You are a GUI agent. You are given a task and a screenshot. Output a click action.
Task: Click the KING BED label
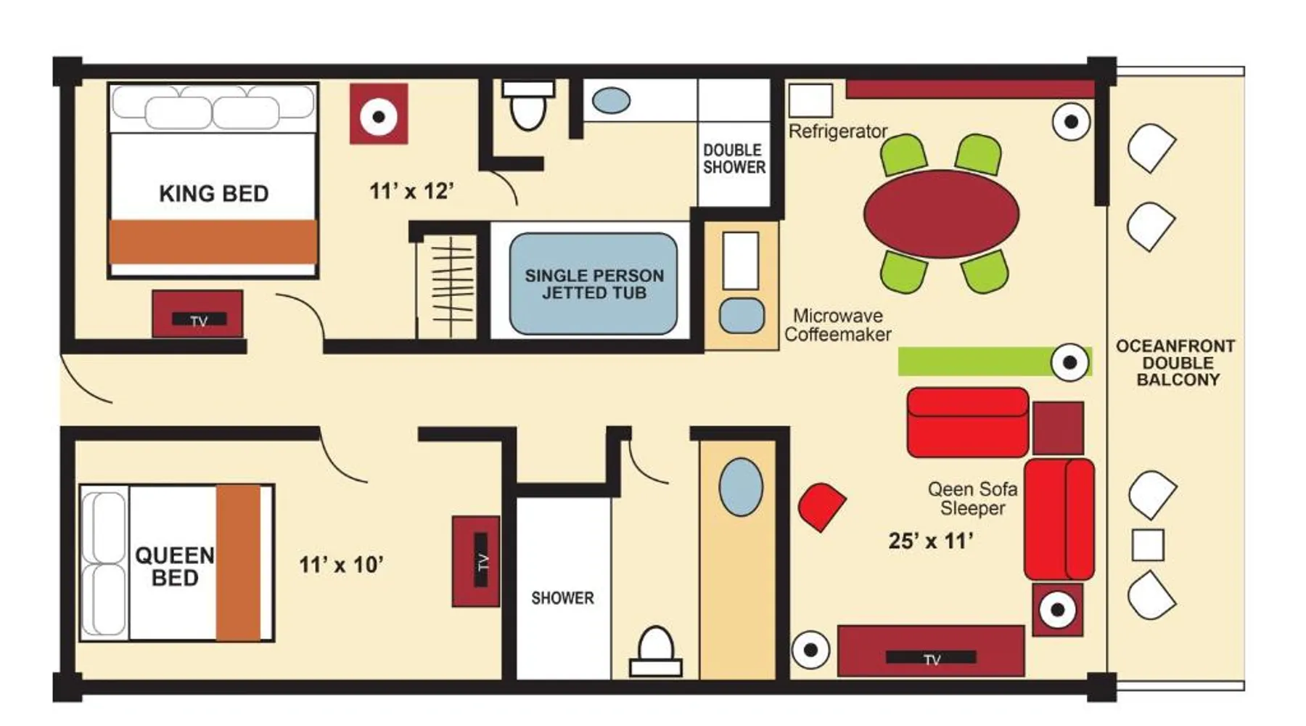(214, 194)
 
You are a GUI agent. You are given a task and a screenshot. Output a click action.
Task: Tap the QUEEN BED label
(175, 566)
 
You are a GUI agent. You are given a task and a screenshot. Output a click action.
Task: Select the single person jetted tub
(594, 284)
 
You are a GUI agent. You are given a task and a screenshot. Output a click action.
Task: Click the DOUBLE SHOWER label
(734, 158)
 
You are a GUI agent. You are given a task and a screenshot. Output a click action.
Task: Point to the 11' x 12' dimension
(411, 191)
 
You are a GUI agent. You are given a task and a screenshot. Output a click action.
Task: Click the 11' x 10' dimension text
(341, 564)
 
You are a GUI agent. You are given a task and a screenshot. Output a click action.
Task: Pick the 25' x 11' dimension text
(931, 541)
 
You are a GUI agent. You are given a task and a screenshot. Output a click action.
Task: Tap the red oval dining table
(942, 214)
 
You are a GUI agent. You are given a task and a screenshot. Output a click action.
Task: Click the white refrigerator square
(810, 100)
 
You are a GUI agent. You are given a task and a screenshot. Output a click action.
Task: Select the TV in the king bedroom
(197, 314)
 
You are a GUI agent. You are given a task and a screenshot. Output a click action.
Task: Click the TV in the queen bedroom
(476, 561)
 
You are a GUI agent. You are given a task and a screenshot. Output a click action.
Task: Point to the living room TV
(931, 651)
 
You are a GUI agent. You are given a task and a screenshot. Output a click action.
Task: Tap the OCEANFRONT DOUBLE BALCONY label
(1175, 362)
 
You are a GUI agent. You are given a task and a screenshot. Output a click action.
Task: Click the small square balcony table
(1148, 544)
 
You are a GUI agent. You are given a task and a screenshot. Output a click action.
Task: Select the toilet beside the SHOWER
(655, 651)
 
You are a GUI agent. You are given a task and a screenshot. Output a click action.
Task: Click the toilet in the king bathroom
(528, 105)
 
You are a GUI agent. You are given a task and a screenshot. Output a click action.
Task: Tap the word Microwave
(838, 316)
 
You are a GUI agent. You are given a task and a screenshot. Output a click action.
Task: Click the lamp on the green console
(1069, 362)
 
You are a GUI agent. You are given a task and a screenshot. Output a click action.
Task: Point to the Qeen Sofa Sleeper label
(973, 499)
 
